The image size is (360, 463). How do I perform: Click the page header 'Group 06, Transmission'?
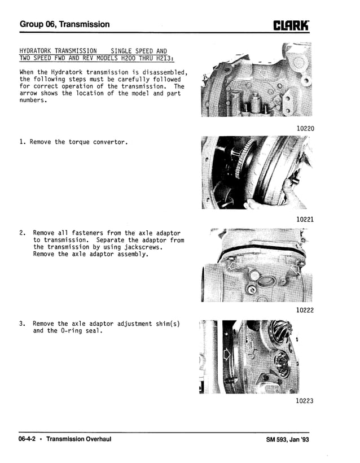click(x=64, y=24)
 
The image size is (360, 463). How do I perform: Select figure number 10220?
click(x=305, y=128)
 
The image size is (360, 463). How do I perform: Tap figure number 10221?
click(x=305, y=219)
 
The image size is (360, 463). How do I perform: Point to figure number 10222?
click(x=305, y=310)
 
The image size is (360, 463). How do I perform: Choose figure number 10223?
click(x=305, y=401)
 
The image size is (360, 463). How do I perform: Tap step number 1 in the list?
click(x=22, y=142)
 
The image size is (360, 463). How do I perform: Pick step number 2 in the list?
click(x=22, y=233)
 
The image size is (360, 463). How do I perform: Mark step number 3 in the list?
click(x=22, y=324)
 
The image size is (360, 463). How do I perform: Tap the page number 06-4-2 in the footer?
click(x=29, y=439)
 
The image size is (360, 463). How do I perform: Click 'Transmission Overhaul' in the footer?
click(x=78, y=439)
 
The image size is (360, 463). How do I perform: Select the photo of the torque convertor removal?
click(x=256, y=172)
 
